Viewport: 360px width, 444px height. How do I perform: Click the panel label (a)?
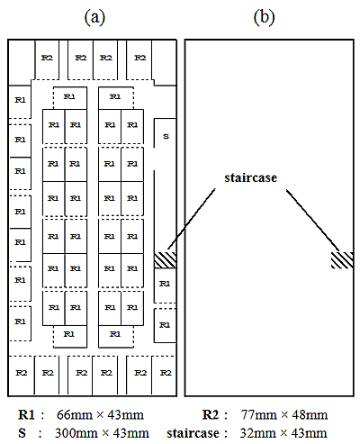coord(94,17)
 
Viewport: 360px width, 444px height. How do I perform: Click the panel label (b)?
coord(264,17)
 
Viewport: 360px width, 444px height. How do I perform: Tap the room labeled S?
coord(165,132)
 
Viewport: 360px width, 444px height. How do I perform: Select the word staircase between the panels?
coord(251,177)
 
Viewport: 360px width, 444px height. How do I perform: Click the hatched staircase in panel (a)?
coord(165,260)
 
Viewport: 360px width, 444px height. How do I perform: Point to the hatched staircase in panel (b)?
coord(342,260)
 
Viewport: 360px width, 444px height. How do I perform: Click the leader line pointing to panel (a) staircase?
coord(191,219)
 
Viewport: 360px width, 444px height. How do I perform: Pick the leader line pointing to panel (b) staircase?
coord(313,220)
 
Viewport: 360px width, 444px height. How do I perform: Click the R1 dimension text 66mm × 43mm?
coord(100,415)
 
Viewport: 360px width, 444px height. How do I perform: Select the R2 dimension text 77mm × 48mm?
coord(284,415)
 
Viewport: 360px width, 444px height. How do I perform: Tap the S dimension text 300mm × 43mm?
coord(102,433)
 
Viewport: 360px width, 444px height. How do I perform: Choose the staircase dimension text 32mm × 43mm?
coord(283,433)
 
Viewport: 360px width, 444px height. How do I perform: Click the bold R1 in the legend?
coord(26,415)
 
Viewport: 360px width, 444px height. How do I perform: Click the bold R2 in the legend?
coord(211,415)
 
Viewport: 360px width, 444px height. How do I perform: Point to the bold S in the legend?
coord(22,433)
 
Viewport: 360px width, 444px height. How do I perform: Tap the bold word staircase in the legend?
coord(193,433)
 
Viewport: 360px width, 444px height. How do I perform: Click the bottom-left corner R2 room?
coord(22,376)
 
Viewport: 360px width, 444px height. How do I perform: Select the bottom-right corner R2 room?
coord(164,376)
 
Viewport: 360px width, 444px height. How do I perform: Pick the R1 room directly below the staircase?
coord(165,285)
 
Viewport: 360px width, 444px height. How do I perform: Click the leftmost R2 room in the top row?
coord(47,59)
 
